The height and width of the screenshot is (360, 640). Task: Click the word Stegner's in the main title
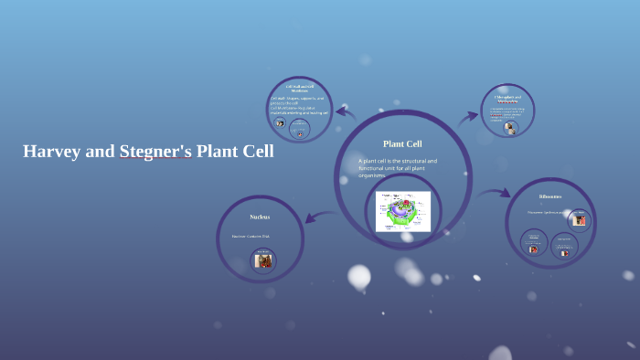[155, 152]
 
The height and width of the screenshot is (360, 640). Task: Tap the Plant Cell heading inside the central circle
[402, 143]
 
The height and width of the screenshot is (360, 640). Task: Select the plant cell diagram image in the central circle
[402, 211]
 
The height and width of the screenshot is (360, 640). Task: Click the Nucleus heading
[260, 217]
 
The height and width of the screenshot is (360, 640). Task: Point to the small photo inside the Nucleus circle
[263, 260]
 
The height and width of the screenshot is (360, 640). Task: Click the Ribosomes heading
[549, 196]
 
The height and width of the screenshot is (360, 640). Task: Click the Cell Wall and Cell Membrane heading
[301, 88]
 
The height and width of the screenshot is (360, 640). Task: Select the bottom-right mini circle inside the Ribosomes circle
[564, 248]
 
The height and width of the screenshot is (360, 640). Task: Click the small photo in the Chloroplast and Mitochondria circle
[510, 130]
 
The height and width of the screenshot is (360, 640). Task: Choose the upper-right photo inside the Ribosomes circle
[579, 219]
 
